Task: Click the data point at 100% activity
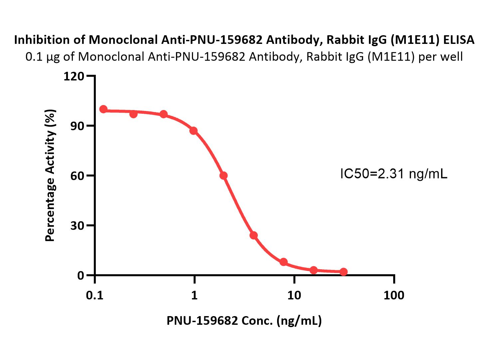tap(103, 109)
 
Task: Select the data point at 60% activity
tap(224, 176)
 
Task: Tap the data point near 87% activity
tap(193, 131)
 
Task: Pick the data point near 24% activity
tap(253, 235)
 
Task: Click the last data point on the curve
tap(344, 272)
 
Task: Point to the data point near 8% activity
tap(283, 262)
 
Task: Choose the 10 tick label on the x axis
tap(294, 296)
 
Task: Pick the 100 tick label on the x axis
tap(394, 296)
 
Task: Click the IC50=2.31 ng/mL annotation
tap(394, 174)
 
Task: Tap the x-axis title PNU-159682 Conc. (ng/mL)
tap(244, 321)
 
